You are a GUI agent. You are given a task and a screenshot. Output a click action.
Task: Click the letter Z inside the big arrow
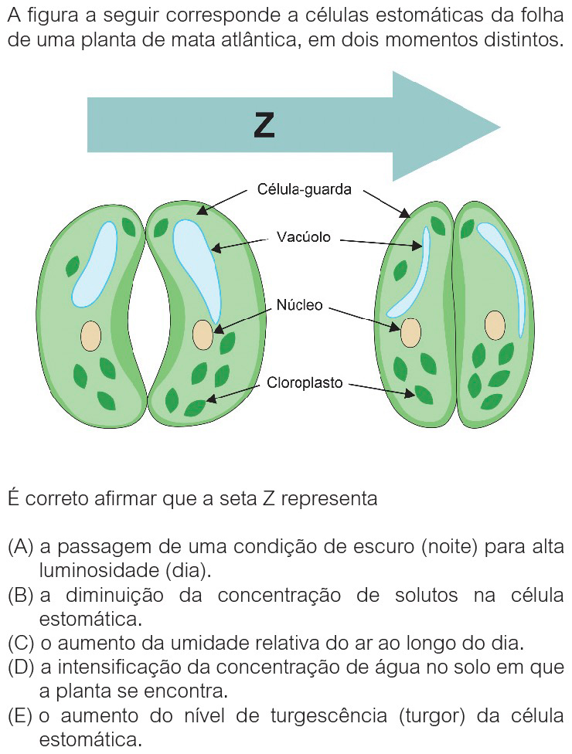pyautogui.click(x=264, y=125)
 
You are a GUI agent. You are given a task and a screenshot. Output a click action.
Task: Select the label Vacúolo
pyautogui.click(x=304, y=237)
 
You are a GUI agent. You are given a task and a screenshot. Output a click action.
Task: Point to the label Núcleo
pyautogui.click(x=300, y=305)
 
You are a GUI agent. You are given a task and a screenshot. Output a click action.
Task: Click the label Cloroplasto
pyautogui.click(x=305, y=382)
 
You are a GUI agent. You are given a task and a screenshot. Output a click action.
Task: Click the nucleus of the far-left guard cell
pyautogui.click(x=91, y=335)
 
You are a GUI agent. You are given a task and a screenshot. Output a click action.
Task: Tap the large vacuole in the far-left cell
pyautogui.click(x=93, y=263)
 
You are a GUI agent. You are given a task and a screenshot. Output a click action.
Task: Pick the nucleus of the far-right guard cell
pyautogui.click(x=495, y=325)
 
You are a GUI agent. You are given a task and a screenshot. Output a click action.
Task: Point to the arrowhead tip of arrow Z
pyautogui.click(x=499, y=126)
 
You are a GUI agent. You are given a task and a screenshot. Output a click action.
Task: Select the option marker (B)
pyautogui.click(x=20, y=596)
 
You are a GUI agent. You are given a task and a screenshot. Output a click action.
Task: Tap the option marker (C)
pyautogui.click(x=20, y=643)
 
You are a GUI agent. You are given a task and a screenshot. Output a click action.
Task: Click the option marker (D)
pyautogui.click(x=20, y=667)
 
